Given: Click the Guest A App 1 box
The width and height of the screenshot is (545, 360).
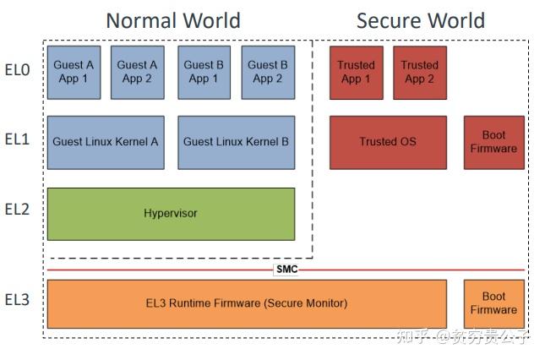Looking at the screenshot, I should (x=74, y=71).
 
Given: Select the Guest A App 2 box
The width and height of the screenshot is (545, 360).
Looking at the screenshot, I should (x=137, y=71).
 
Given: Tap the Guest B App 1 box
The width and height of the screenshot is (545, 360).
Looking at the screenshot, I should (x=204, y=71).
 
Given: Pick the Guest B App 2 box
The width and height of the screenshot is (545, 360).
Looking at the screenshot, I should (x=267, y=71).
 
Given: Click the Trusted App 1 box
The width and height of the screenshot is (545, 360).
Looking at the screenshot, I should (x=356, y=72).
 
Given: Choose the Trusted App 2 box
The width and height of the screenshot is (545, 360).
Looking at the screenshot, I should (x=419, y=72).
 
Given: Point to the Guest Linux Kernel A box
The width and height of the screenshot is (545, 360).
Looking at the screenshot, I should (x=106, y=142).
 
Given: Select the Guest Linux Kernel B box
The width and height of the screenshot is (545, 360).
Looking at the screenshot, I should (x=236, y=142).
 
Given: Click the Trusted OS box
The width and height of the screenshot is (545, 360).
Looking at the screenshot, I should (x=388, y=142).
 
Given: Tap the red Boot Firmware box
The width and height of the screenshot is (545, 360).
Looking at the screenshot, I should (x=493, y=142).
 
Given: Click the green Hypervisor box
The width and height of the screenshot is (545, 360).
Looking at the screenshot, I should (x=171, y=214).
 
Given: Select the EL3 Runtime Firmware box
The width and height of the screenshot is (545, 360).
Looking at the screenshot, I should (x=246, y=303).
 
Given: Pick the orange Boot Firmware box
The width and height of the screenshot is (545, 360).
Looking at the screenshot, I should (x=493, y=303).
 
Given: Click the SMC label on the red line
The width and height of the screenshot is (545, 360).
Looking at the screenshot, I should (x=286, y=270).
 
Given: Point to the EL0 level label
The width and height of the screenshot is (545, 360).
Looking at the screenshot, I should (x=17, y=70).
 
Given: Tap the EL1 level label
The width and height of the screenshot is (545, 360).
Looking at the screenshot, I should (x=17, y=139).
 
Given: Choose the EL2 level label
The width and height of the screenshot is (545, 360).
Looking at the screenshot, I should (x=17, y=209).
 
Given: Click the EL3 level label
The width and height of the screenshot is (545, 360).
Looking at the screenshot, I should (x=17, y=299).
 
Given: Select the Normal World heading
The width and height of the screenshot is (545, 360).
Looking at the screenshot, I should (x=172, y=20).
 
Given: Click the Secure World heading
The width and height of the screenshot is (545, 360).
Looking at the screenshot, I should (x=421, y=20).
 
